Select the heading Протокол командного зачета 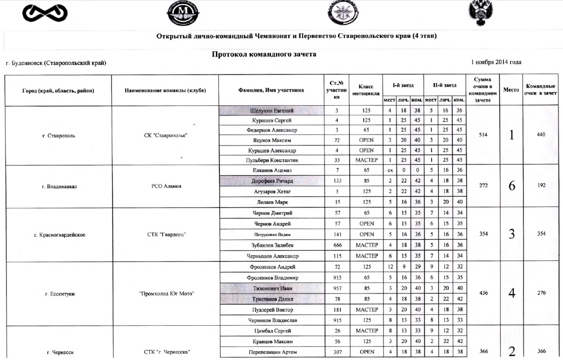tap(264, 54)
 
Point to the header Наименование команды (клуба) tap(165, 91)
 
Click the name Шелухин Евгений tap(272, 111)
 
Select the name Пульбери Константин tap(272, 160)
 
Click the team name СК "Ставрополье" tap(165, 135)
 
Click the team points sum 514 tap(482, 135)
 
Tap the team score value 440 tap(541, 135)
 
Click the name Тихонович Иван tap(272, 288)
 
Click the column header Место tap(511, 90)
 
